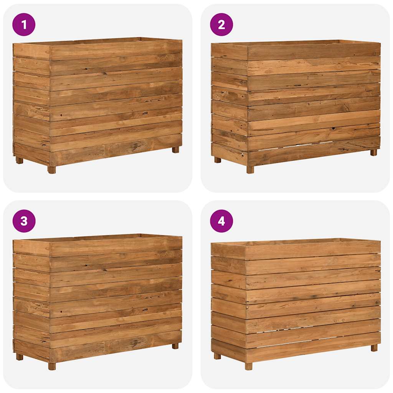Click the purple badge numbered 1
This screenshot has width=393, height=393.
24,25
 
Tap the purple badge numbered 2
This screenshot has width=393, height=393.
221,25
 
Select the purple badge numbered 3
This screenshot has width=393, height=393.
24,221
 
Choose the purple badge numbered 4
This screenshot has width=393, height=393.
221,221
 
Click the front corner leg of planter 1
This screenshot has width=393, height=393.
51,170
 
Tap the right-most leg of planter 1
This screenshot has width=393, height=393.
175,150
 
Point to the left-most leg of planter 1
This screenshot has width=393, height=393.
19,160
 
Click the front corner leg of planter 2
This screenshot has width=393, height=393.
250,170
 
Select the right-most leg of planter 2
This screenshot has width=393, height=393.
373,152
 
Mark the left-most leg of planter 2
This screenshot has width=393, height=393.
217,160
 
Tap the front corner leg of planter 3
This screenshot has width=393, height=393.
52,366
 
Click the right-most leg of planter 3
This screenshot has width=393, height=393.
175,346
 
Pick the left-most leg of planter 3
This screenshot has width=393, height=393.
19,357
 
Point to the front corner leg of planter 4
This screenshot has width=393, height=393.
249,366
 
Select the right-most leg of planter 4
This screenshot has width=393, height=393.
374,348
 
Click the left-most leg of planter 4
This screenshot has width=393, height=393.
217,356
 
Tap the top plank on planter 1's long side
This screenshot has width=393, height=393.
115,50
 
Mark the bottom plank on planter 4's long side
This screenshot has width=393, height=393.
313,350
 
